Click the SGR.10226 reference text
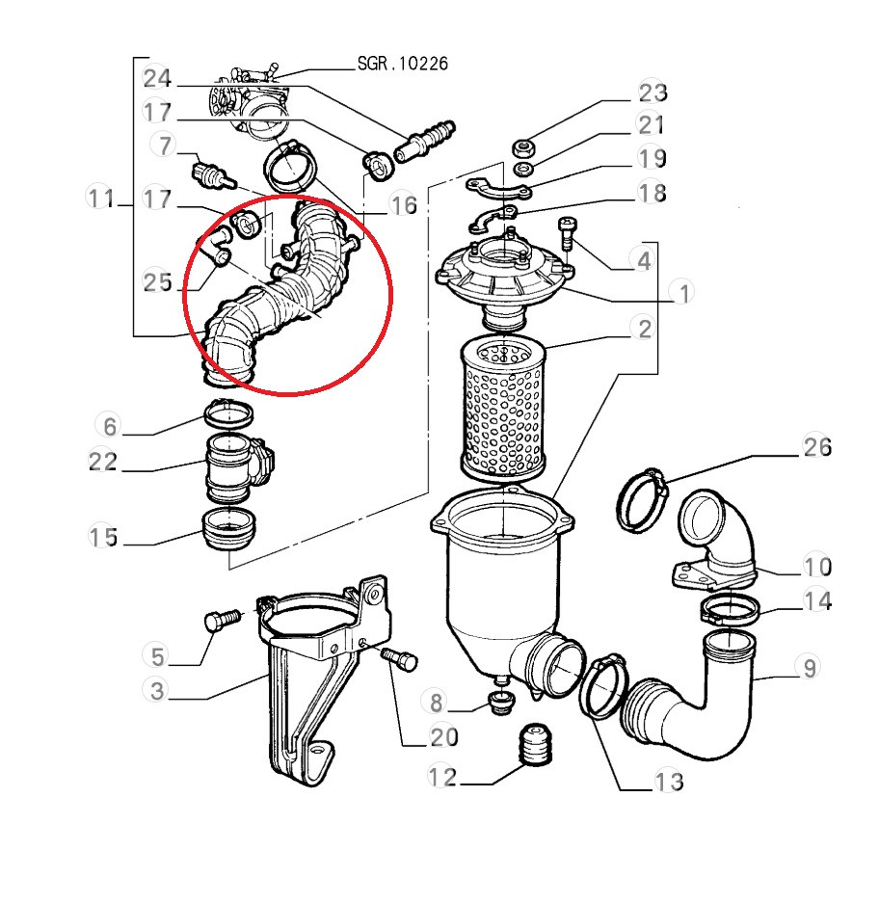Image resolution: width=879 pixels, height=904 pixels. coord(402,64)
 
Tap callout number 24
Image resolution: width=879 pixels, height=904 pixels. coord(157,78)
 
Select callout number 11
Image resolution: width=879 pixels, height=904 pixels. coord(101,199)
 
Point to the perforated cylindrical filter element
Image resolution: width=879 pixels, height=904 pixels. coord(502,409)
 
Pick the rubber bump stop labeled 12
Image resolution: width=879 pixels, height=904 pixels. coord(536,744)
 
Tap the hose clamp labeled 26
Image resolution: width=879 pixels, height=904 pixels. coord(642,500)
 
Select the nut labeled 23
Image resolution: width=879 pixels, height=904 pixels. coord(522,147)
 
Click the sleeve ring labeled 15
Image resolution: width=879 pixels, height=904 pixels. coord(228,529)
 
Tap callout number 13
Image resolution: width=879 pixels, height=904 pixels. coord(669,782)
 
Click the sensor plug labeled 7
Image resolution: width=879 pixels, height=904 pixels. coord(211,173)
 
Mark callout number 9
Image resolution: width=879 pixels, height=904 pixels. coord(810,668)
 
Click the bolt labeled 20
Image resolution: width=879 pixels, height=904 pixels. coord(399,659)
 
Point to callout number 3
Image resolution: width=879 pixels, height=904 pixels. coord(157,690)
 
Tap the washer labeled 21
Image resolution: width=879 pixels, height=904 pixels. coord(523,170)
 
